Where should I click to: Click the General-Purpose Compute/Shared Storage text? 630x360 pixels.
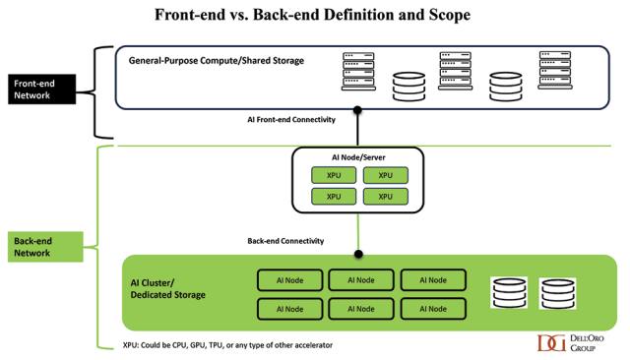tap(217, 61)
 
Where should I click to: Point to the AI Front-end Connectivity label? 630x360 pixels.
tap(291, 119)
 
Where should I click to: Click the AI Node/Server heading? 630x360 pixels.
tap(357, 157)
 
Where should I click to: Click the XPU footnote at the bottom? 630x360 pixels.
tap(227, 344)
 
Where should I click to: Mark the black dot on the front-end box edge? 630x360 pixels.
tap(358, 109)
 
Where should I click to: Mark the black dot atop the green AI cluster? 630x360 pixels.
tap(358, 255)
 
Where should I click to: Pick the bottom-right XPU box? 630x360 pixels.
tap(385, 196)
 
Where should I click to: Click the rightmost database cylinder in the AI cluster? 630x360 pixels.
tap(555, 294)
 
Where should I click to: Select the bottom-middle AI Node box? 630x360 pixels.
tap(360, 309)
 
